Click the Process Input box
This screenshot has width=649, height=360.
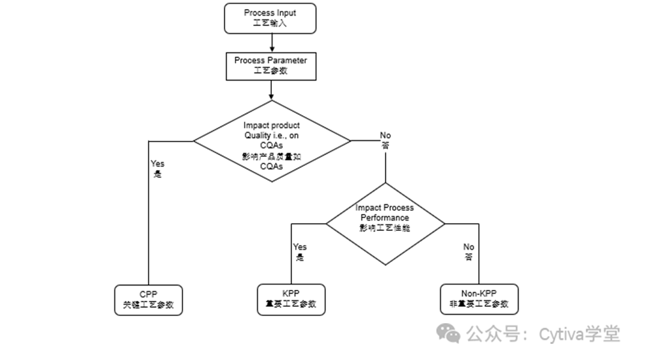[271, 18]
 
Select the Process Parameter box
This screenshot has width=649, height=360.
[271, 66]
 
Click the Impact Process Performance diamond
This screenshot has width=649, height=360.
[385, 223]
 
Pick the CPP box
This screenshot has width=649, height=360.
[148, 299]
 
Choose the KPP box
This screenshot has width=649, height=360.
[290, 299]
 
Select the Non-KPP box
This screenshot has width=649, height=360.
[479, 299]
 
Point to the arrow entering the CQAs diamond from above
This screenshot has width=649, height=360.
[271, 90]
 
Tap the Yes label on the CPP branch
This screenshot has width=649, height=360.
[157, 163]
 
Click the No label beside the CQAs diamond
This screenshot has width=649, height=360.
[386, 136]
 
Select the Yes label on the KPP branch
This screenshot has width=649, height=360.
[300, 246]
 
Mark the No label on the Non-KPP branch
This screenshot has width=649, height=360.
[469, 246]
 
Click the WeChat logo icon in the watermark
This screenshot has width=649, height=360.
[448, 333]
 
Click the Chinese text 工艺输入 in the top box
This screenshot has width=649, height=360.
[271, 23]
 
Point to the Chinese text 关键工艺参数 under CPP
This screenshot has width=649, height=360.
[148, 305]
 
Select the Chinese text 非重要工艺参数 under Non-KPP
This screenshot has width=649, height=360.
[479, 305]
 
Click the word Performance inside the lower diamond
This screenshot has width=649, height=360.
[385, 218]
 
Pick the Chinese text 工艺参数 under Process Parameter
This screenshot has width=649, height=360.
[271, 71]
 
